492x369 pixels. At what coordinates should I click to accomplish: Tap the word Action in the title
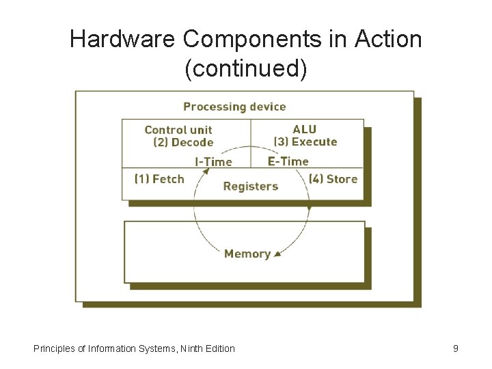389,39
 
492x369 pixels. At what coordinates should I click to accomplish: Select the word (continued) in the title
246,68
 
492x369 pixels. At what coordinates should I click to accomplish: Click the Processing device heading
234,107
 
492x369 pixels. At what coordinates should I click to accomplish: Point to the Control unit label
178,130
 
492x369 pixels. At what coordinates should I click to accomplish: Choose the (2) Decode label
183,142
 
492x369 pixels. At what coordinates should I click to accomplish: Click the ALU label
305,129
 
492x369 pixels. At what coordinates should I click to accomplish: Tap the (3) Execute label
305,141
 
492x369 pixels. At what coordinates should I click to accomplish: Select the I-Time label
213,162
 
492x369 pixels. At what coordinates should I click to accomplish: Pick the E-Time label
288,161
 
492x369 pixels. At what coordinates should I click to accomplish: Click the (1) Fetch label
159,178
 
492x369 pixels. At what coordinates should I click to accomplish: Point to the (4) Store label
333,178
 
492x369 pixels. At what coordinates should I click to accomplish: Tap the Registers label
251,186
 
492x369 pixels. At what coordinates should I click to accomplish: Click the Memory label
247,254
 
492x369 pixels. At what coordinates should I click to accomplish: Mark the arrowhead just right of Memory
277,256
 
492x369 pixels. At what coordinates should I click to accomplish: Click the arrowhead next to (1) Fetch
203,174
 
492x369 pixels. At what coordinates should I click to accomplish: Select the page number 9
456,348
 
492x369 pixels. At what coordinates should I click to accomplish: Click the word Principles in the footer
55,348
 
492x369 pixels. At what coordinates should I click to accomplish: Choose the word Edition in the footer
221,348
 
